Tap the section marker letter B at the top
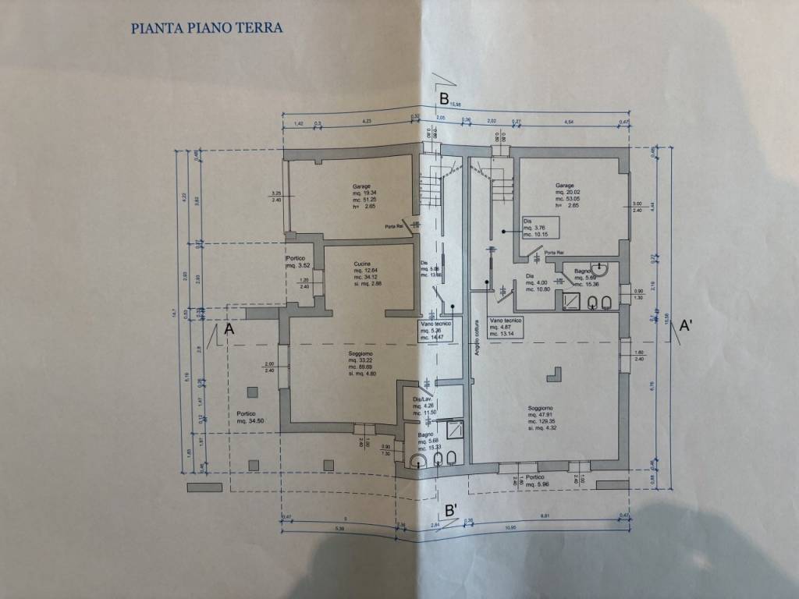tap(443, 99)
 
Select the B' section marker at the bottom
tap(451, 510)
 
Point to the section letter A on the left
tap(229, 330)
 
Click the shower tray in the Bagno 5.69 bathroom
tap(572, 299)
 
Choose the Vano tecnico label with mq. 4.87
tap(506, 326)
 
